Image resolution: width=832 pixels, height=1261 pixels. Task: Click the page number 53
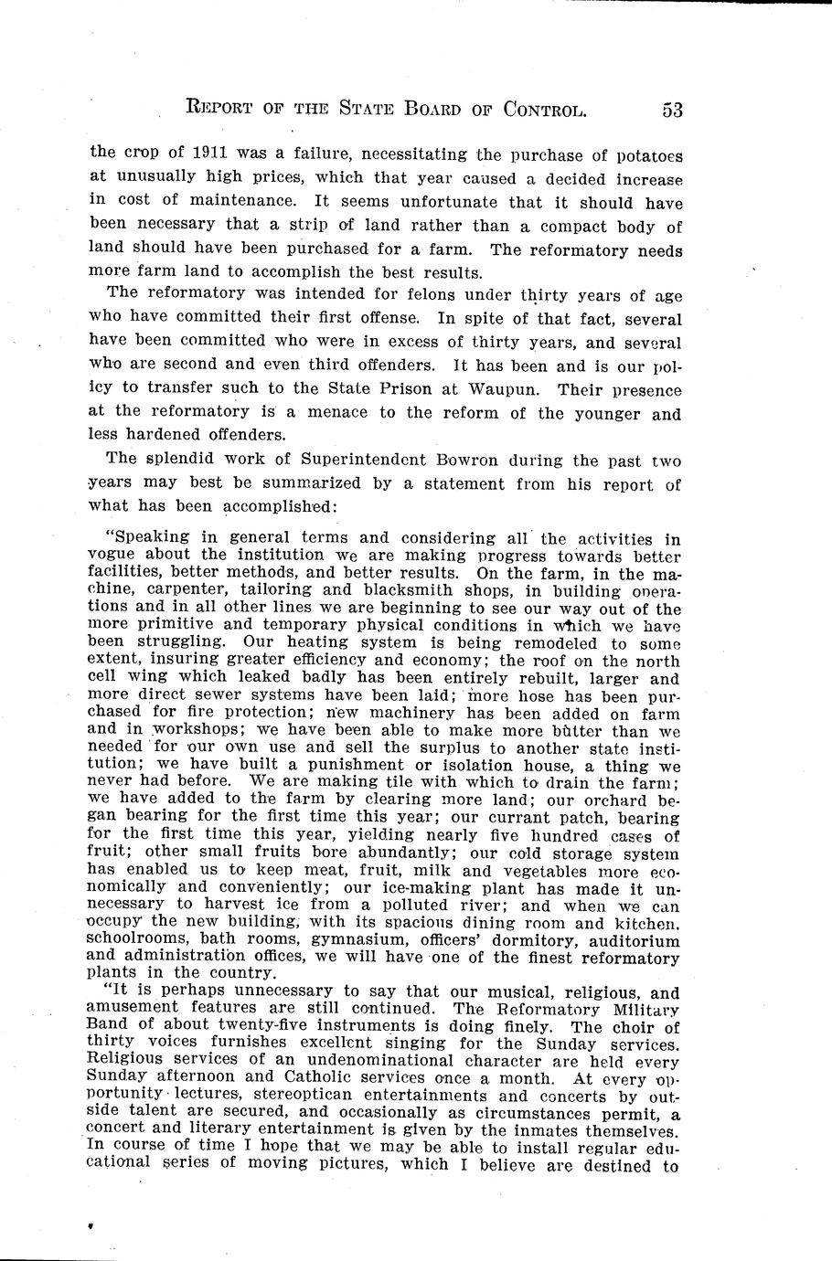[672, 110]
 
